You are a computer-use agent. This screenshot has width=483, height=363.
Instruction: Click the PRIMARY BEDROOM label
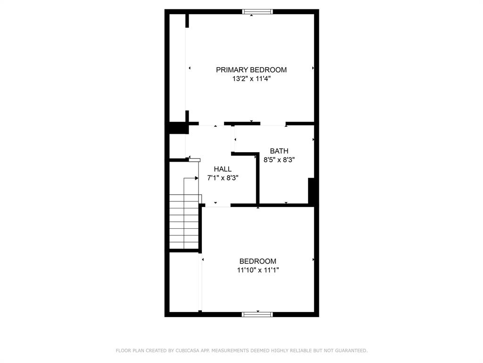(x=251, y=70)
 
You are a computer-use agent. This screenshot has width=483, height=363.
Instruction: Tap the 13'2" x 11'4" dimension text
(x=251, y=79)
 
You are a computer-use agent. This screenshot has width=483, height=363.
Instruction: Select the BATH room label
(x=279, y=151)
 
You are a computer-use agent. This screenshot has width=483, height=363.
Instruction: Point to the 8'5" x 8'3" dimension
(x=279, y=160)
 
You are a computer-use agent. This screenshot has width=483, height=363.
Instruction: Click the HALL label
(x=223, y=169)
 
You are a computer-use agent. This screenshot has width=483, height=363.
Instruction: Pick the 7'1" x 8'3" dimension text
(x=223, y=178)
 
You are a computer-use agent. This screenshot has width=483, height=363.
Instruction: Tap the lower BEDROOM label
(x=258, y=261)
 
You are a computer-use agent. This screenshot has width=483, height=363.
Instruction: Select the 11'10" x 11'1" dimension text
(x=258, y=270)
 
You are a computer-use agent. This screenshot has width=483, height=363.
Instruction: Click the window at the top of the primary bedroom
(x=257, y=12)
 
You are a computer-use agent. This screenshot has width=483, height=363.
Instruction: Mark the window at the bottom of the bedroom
(x=257, y=314)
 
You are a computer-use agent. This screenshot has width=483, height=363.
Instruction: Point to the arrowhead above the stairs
(x=197, y=178)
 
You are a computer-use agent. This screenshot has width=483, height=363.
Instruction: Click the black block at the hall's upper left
(x=178, y=128)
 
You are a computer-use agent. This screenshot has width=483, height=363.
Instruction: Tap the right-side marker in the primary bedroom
(x=313, y=68)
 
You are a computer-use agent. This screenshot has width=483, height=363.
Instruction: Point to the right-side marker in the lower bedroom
(x=313, y=259)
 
